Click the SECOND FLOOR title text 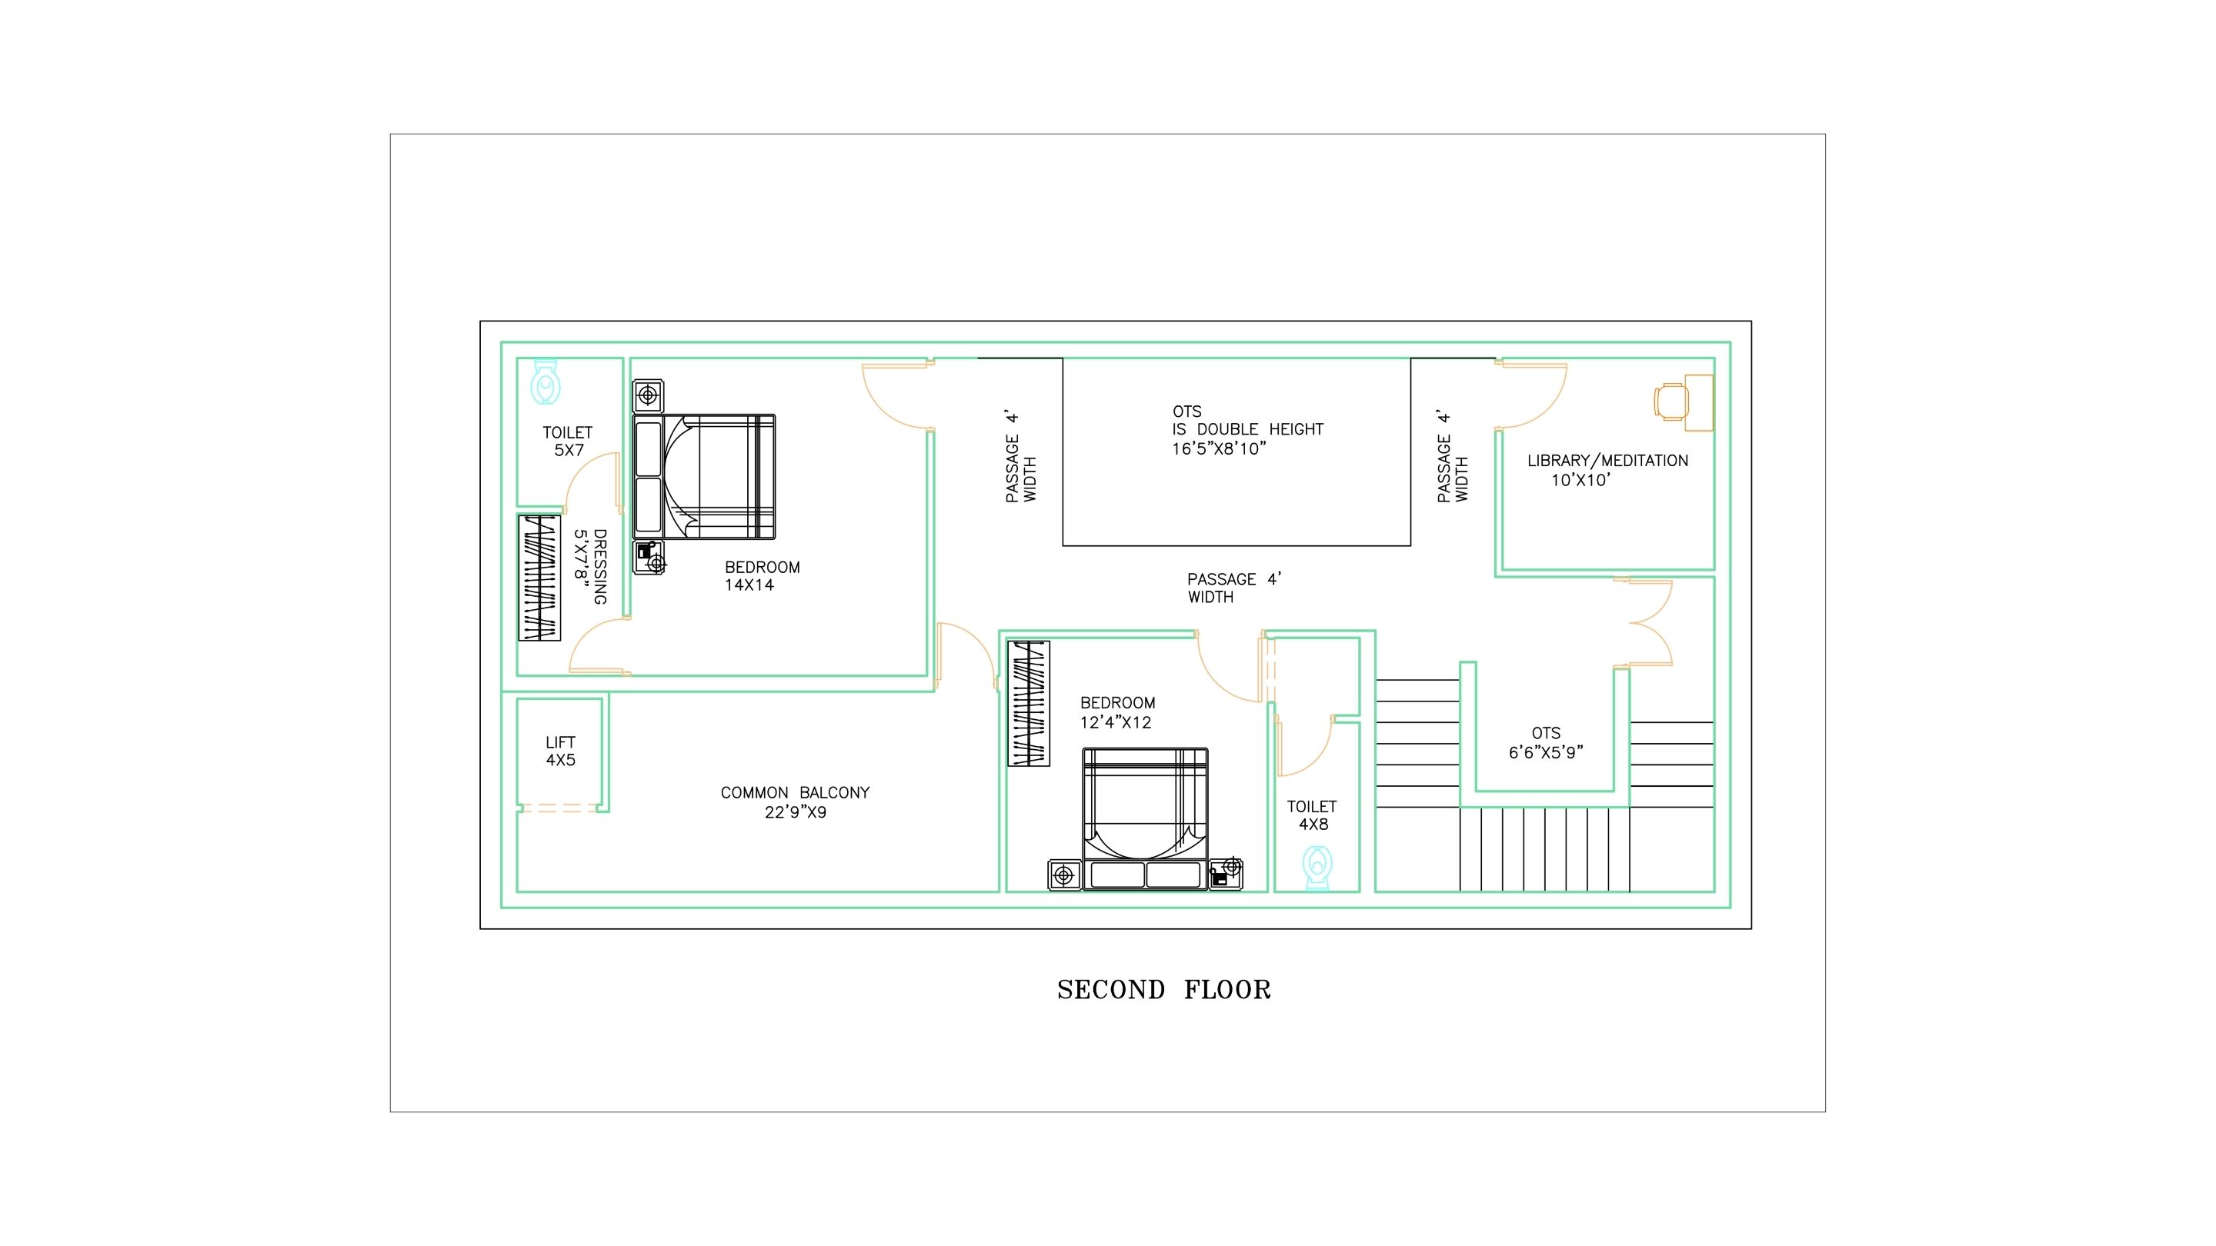(1164, 990)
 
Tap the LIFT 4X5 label (561, 751)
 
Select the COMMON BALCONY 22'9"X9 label (795, 802)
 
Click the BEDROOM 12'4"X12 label (1117, 713)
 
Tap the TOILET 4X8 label (1312, 815)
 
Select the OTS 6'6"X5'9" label (1546, 743)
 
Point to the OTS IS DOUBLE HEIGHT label (1247, 430)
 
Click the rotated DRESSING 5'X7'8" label (591, 567)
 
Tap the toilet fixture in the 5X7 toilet (546, 381)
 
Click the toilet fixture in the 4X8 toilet (1317, 867)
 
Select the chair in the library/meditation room (1670, 401)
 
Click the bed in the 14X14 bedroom (704, 477)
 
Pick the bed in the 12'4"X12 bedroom (1145, 818)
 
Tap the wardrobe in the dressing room (539, 578)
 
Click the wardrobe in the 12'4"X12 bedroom (1029, 704)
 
